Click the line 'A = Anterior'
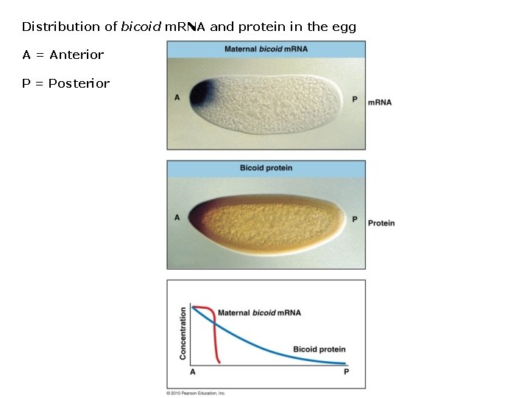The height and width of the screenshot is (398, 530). click(x=63, y=55)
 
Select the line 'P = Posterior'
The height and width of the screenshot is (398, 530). click(x=66, y=84)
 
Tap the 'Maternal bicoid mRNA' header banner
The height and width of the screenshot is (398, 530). click(x=266, y=49)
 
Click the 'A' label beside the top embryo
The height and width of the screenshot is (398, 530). click(x=177, y=97)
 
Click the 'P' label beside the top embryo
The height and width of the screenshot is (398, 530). click(x=355, y=99)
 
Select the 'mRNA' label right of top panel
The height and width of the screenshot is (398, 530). click(x=379, y=102)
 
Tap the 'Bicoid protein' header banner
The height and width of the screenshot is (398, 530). click(x=266, y=168)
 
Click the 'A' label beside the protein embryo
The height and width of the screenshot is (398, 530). click(x=177, y=217)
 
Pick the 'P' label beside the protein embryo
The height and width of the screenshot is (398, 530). click(x=355, y=219)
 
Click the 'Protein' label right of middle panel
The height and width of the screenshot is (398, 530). click(x=381, y=223)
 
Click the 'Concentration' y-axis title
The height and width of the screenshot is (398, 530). click(x=183, y=334)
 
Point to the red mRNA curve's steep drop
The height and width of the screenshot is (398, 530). click(x=215, y=339)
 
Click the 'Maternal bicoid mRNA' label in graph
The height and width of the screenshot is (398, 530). click(x=259, y=313)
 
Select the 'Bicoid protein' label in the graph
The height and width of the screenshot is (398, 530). click(x=319, y=349)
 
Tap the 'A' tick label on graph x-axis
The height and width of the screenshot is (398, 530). click(x=193, y=372)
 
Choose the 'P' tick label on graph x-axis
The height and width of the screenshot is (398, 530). click(x=346, y=372)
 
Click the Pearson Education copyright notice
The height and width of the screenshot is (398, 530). click(x=196, y=393)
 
